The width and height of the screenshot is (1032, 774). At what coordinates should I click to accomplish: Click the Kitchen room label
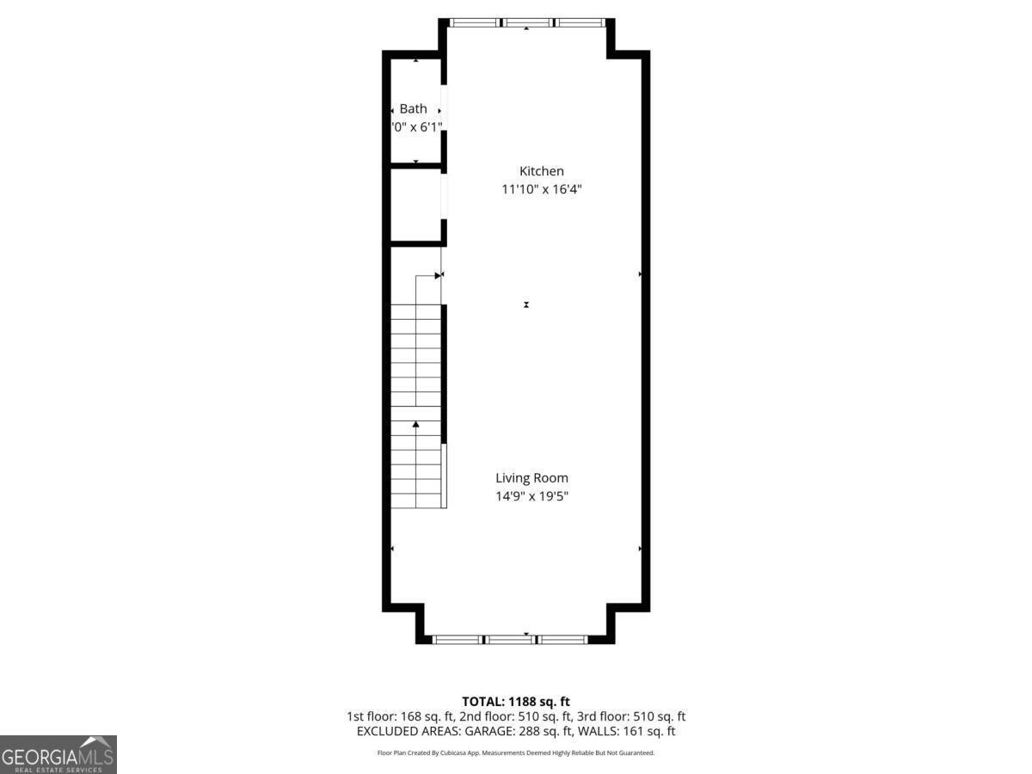point(541,171)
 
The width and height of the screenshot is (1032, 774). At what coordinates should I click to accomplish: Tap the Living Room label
point(531,478)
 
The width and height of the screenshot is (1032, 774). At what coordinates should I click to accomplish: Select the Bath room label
point(413,109)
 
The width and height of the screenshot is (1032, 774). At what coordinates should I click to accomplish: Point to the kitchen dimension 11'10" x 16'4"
point(542,189)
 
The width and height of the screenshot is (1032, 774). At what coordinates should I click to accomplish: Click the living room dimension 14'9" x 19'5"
point(531,496)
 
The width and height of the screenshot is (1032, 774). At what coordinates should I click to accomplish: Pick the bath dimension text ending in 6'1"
point(417,127)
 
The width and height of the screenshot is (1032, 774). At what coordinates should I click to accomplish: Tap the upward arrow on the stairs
point(416,424)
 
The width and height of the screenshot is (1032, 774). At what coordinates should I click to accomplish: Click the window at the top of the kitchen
point(526,23)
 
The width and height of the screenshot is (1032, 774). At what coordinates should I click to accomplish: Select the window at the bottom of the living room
point(510,639)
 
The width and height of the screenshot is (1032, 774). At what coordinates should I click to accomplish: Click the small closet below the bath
point(416,205)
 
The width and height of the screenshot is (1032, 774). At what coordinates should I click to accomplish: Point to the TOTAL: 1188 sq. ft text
point(516,702)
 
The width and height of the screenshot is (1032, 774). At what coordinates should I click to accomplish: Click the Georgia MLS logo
point(58,754)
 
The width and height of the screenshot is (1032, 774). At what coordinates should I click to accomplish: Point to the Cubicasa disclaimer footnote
point(516,752)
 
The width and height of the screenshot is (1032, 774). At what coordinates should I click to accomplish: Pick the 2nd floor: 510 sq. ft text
point(516,716)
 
